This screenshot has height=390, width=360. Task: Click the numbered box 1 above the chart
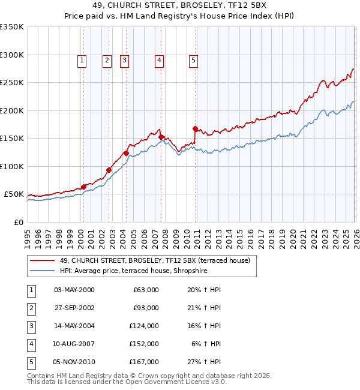82,60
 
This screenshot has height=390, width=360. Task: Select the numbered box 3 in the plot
124,60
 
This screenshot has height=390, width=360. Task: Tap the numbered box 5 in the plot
194,60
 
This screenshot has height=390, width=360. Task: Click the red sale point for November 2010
195,128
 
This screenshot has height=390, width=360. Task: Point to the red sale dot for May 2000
83,187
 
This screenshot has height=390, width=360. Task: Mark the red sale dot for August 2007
161,137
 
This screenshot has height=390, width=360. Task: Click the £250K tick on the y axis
12,82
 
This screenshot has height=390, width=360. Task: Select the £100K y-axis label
12,166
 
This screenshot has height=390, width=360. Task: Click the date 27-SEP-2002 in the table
74,308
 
